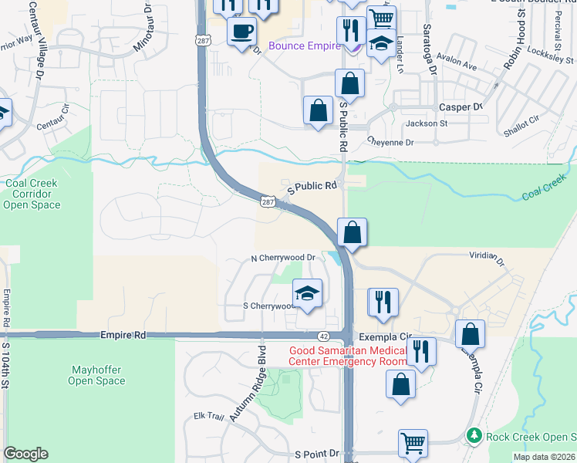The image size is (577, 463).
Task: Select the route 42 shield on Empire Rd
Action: pos(325,336)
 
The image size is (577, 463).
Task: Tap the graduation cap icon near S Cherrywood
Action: pos(307,294)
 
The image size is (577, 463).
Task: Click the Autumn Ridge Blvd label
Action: pos(261,370)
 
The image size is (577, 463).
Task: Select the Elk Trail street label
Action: pos(208,417)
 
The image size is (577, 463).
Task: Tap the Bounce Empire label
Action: pos(305,46)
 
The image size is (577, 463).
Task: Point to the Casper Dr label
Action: pos(460,107)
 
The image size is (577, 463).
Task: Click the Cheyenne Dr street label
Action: pos(390,143)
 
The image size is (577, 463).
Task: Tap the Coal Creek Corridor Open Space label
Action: pos(32,194)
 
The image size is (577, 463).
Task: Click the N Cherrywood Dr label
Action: pos(284,258)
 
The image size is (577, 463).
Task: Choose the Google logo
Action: pos(25,454)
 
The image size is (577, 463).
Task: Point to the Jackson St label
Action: pos(427,123)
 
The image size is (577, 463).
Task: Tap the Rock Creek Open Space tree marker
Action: pos(475,436)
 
